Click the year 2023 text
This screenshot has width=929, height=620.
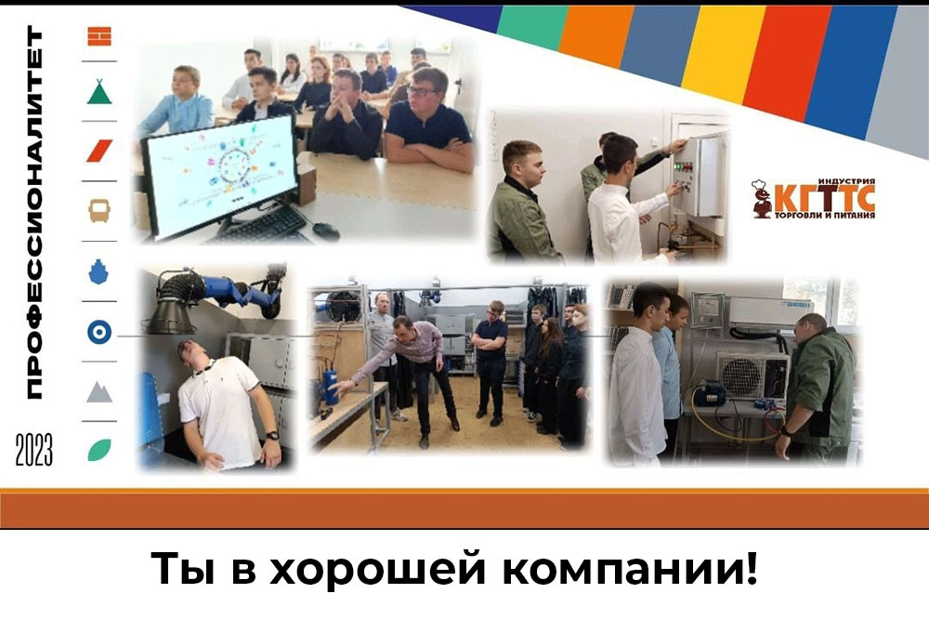[x=33, y=450]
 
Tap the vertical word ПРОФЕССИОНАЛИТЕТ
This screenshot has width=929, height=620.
[x=34, y=212]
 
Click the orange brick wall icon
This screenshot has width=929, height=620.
[x=99, y=36]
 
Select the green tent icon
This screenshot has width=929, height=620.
[x=99, y=92]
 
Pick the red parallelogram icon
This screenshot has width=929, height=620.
[x=99, y=151]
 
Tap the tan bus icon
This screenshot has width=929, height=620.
[x=99, y=210]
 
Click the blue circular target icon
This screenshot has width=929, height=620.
[x=99, y=332]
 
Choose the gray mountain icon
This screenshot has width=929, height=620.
[x=99, y=391]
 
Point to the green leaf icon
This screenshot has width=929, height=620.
[x=99, y=450]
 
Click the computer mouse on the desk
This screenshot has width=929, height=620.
[x=325, y=231]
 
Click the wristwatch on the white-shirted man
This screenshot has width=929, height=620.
[x=272, y=436]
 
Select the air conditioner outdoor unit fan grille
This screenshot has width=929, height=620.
[x=741, y=376]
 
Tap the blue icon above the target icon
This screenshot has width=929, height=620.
[x=98, y=270]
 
